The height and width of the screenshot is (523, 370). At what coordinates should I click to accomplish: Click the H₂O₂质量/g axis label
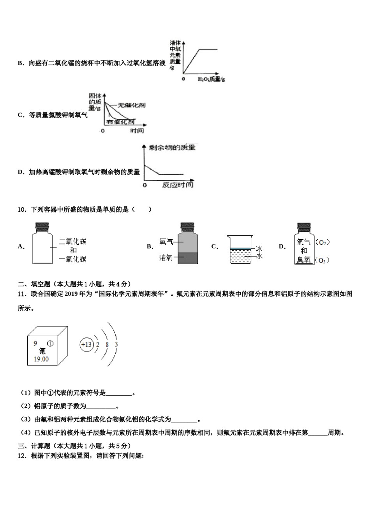tap(211, 79)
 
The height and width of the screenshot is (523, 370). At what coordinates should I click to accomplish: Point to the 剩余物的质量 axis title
tap(172, 147)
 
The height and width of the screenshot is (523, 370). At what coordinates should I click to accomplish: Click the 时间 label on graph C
tap(137, 131)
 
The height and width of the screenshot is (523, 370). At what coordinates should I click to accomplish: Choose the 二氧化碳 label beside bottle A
tap(72, 242)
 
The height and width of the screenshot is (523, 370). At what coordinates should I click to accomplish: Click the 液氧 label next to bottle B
tap(166, 258)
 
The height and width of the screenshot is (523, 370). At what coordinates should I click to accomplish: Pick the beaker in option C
tap(241, 250)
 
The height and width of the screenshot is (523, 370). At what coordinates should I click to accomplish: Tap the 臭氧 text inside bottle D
tap(304, 260)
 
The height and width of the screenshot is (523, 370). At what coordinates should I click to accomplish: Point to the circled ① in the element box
tap(50, 344)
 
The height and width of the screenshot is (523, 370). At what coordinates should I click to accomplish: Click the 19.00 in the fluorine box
tap(41, 359)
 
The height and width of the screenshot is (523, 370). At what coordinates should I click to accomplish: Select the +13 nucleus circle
tap(86, 345)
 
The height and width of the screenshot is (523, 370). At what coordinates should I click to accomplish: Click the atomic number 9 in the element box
tap(35, 343)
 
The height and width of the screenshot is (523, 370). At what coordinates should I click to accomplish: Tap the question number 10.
tap(21, 210)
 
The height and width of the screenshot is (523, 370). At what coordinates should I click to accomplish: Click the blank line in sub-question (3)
tap(184, 420)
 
